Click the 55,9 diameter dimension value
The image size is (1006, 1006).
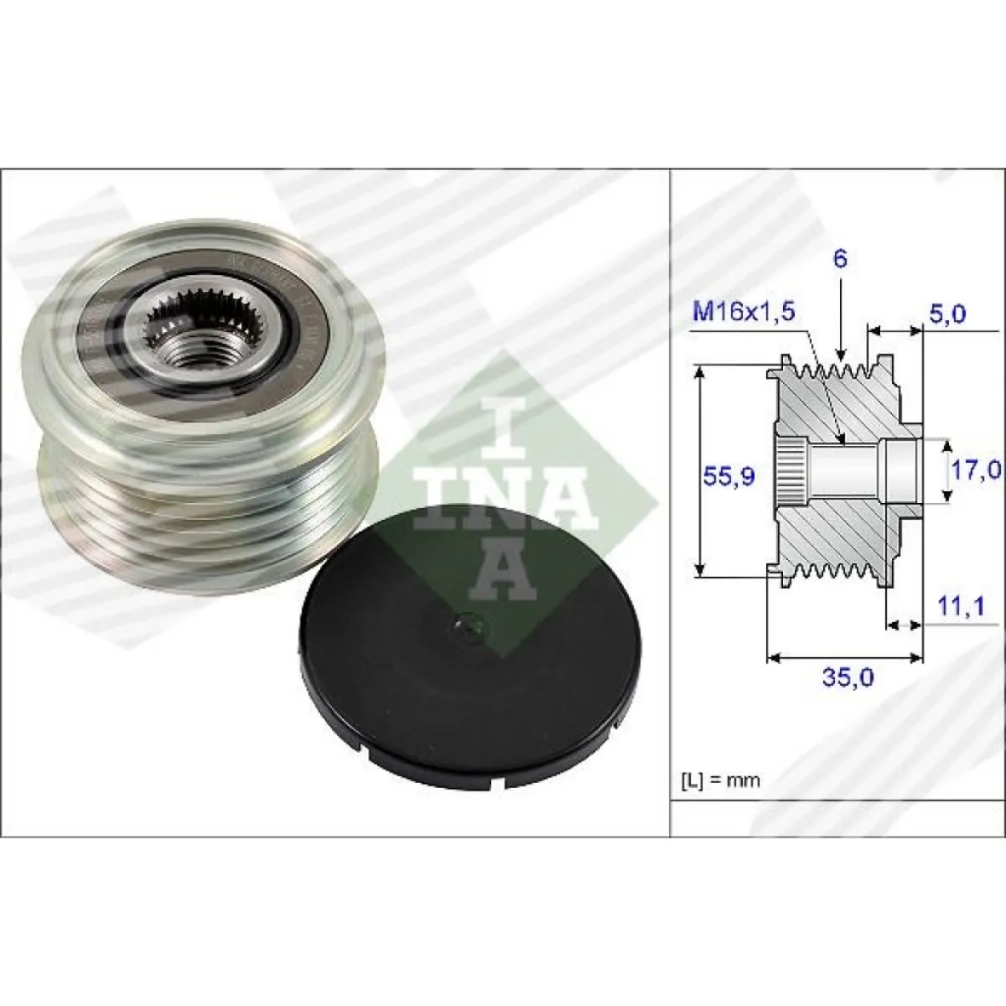click(x=729, y=476)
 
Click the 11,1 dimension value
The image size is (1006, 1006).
click(x=961, y=606)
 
